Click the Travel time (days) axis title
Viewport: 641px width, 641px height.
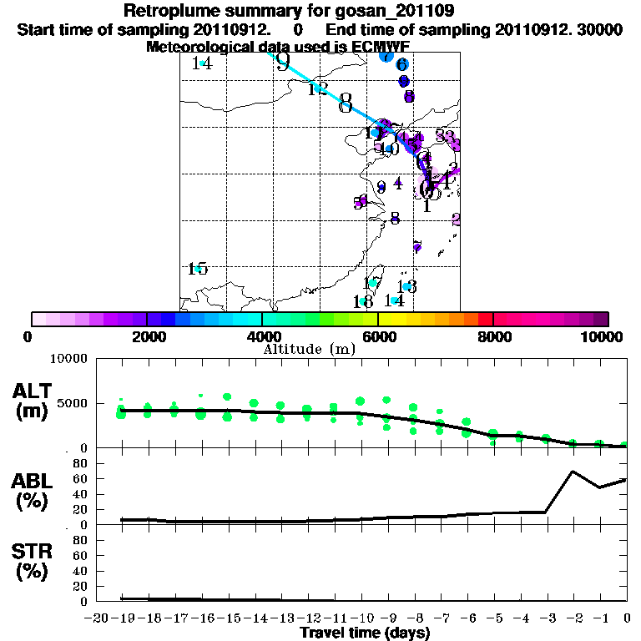365,633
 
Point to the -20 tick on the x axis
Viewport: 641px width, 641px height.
98,618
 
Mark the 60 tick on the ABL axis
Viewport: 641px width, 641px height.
81,478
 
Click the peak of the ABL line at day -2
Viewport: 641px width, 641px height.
572,472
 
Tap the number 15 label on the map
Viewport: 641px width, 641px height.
198,269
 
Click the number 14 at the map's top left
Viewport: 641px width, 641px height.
202,63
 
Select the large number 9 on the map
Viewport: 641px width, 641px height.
283,63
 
